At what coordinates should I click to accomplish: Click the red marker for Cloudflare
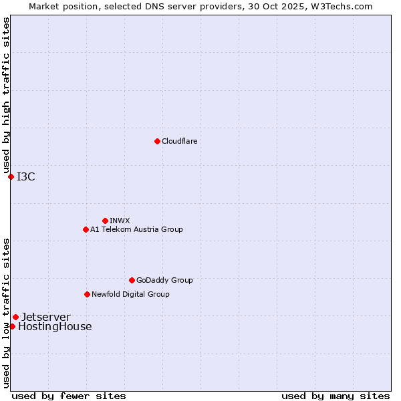coord(157,141)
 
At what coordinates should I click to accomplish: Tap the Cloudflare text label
coord(180,141)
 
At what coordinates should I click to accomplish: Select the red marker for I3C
coord(11,176)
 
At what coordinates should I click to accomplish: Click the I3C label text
coord(26,176)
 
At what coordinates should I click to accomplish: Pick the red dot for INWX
coord(105,221)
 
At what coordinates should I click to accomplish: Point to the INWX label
coord(120,221)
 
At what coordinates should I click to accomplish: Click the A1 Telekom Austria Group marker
coord(86,229)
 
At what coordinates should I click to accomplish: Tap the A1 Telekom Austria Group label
coord(136,229)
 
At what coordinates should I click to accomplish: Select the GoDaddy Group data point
coord(132,280)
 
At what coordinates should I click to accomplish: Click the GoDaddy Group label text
coord(164,280)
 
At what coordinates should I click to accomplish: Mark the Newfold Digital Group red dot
coord(87,294)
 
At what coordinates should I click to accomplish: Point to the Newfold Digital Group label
coord(130,294)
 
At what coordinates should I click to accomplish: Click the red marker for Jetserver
coord(15,317)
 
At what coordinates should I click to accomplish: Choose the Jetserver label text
coord(45,317)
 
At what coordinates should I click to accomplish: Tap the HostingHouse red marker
coord(12,326)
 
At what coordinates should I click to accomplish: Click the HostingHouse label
coord(55,327)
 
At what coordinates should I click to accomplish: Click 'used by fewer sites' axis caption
coord(69,396)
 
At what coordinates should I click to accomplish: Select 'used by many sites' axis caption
coord(336,396)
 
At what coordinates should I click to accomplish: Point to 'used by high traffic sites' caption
coord(6,96)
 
